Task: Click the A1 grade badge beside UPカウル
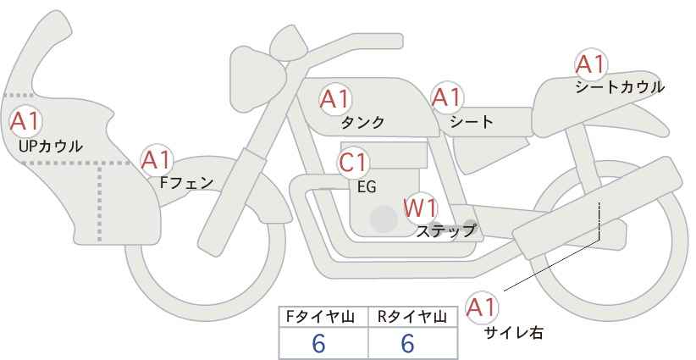coord(25,121)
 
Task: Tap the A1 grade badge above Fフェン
coord(157,159)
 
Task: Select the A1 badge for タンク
coord(334,99)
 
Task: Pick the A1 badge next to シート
coord(445,98)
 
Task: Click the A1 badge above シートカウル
coord(589,64)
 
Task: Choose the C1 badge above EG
coord(353,163)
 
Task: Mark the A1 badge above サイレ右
coord(483,307)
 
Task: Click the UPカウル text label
coord(49,146)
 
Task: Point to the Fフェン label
coord(186,181)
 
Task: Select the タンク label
coord(362,123)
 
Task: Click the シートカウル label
coord(619,87)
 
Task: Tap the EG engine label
coord(367,187)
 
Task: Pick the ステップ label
coord(445,230)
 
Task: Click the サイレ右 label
coord(513,333)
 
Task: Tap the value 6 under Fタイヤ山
coord(319,344)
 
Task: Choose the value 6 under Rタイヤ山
coord(407,344)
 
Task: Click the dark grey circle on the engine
coord(384,220)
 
